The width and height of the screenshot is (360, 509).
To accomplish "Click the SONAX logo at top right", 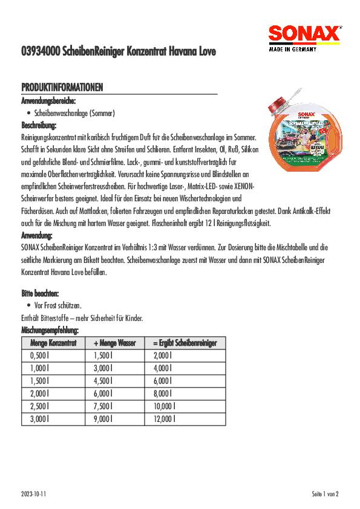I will (304, 35).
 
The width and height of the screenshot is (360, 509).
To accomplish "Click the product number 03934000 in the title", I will (40, 53).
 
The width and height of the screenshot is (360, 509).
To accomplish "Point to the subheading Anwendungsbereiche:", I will (48, 101).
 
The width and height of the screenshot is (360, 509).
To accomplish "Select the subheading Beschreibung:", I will (39, 126).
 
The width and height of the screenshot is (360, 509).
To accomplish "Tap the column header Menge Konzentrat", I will (53, 343).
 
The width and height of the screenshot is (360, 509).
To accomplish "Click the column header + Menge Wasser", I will (115, 343).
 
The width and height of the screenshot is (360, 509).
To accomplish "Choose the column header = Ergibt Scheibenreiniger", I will (185, 343).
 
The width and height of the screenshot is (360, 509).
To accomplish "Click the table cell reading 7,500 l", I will (103, 404).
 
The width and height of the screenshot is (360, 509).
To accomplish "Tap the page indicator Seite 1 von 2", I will (325, 494).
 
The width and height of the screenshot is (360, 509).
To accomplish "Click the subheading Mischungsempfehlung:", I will (50, 331).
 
